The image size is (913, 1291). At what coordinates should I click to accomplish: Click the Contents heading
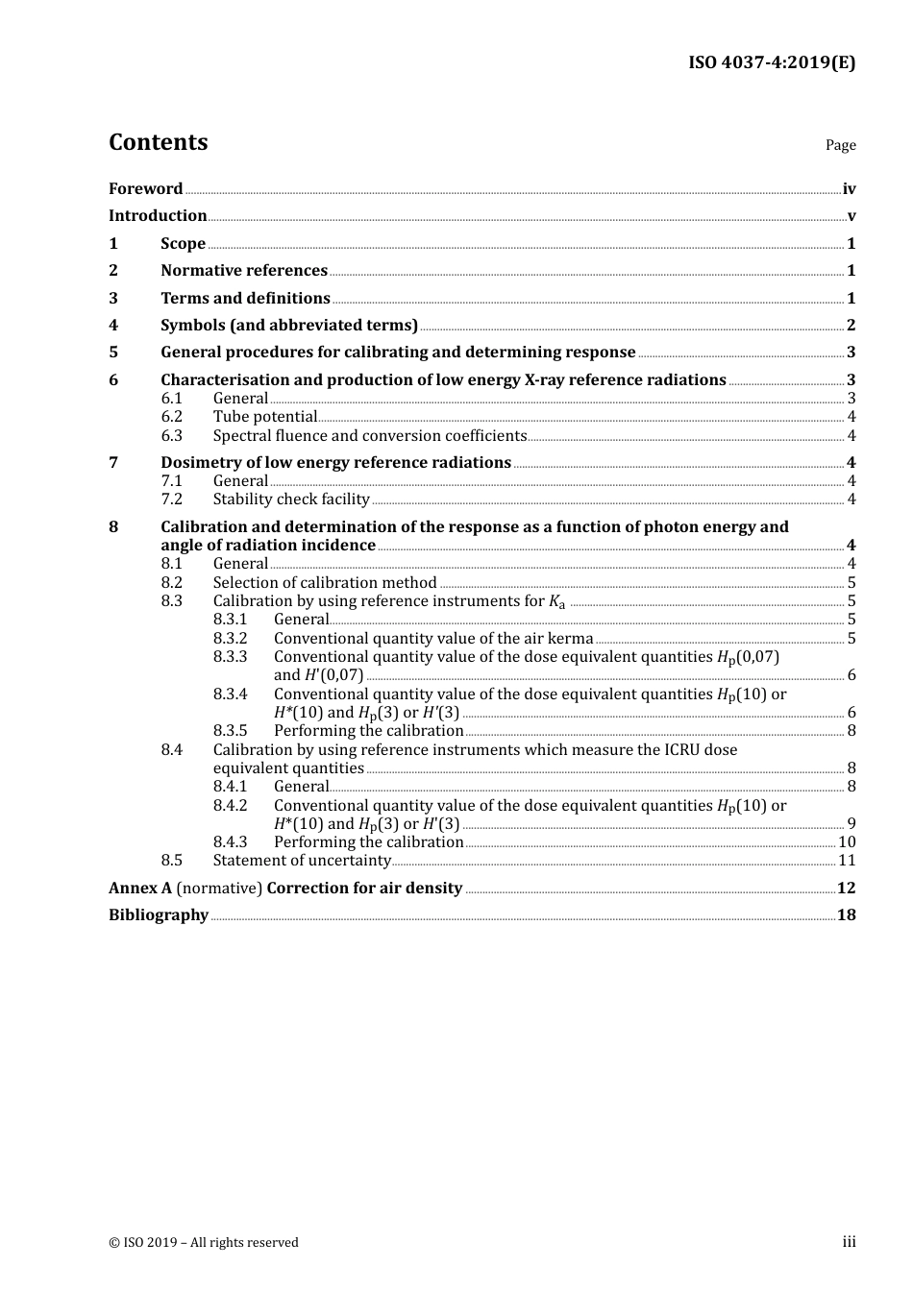158,142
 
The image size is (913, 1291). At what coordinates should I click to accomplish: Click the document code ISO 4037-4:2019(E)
771,63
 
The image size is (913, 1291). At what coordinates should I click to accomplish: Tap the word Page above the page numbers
840,145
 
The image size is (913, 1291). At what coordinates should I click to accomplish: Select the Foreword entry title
145,189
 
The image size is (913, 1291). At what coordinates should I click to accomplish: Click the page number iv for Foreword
849,189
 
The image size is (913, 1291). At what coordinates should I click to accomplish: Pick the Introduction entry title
158,216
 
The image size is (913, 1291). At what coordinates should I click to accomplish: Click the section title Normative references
244,271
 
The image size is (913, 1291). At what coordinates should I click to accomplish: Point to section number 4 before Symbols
113,326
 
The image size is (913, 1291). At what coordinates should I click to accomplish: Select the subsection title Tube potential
265,417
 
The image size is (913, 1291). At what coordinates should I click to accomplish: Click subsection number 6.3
171,436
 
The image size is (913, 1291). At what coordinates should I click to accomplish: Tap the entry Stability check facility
291,499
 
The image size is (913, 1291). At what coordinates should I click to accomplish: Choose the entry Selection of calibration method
325,583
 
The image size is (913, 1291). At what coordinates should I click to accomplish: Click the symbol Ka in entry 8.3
557,602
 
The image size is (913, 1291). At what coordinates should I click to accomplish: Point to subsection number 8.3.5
230,731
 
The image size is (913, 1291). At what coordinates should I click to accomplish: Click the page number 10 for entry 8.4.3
847,842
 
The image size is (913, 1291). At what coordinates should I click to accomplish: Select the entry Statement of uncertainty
302,861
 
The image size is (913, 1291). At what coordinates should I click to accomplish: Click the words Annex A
140,889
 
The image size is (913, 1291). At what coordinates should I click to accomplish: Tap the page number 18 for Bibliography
846,915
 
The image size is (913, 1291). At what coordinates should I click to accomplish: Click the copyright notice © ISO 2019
203,1243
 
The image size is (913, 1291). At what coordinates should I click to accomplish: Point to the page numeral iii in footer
849,1242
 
